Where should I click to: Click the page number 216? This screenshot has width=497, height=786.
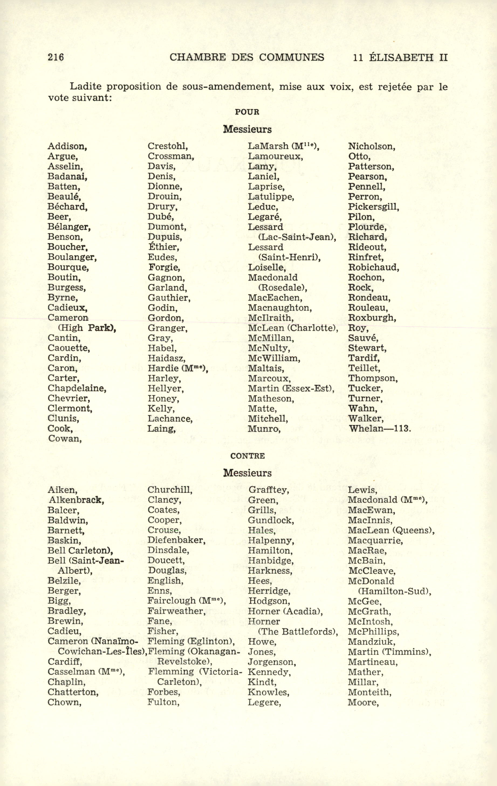click(x=56, y=57)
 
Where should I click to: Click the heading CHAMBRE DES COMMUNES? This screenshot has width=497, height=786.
click(x=247, y=57)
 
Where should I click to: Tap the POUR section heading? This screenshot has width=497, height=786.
click(x=247, y=112)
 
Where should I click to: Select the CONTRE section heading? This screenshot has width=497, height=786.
click(x=247, y=456)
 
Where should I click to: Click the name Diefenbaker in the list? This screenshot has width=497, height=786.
click(x=176, y=540)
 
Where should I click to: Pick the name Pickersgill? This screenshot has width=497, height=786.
click(x=373, y=207)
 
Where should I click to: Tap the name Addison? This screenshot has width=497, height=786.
click(x=67, y=146)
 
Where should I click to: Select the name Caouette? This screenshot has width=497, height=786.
click(x=68, y=348)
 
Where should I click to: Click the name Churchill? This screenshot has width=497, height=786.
click(x=170, y=490)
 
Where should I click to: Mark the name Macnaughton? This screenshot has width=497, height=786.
click(x=280, y=308)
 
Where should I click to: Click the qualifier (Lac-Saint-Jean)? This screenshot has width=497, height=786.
click(x=297, y=237)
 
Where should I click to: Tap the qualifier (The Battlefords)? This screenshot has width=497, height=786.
click(x=298, y=632)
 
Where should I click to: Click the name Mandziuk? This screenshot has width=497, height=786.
click(x=371, y=642)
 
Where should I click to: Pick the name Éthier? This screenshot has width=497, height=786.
click(x=163, y=247)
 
